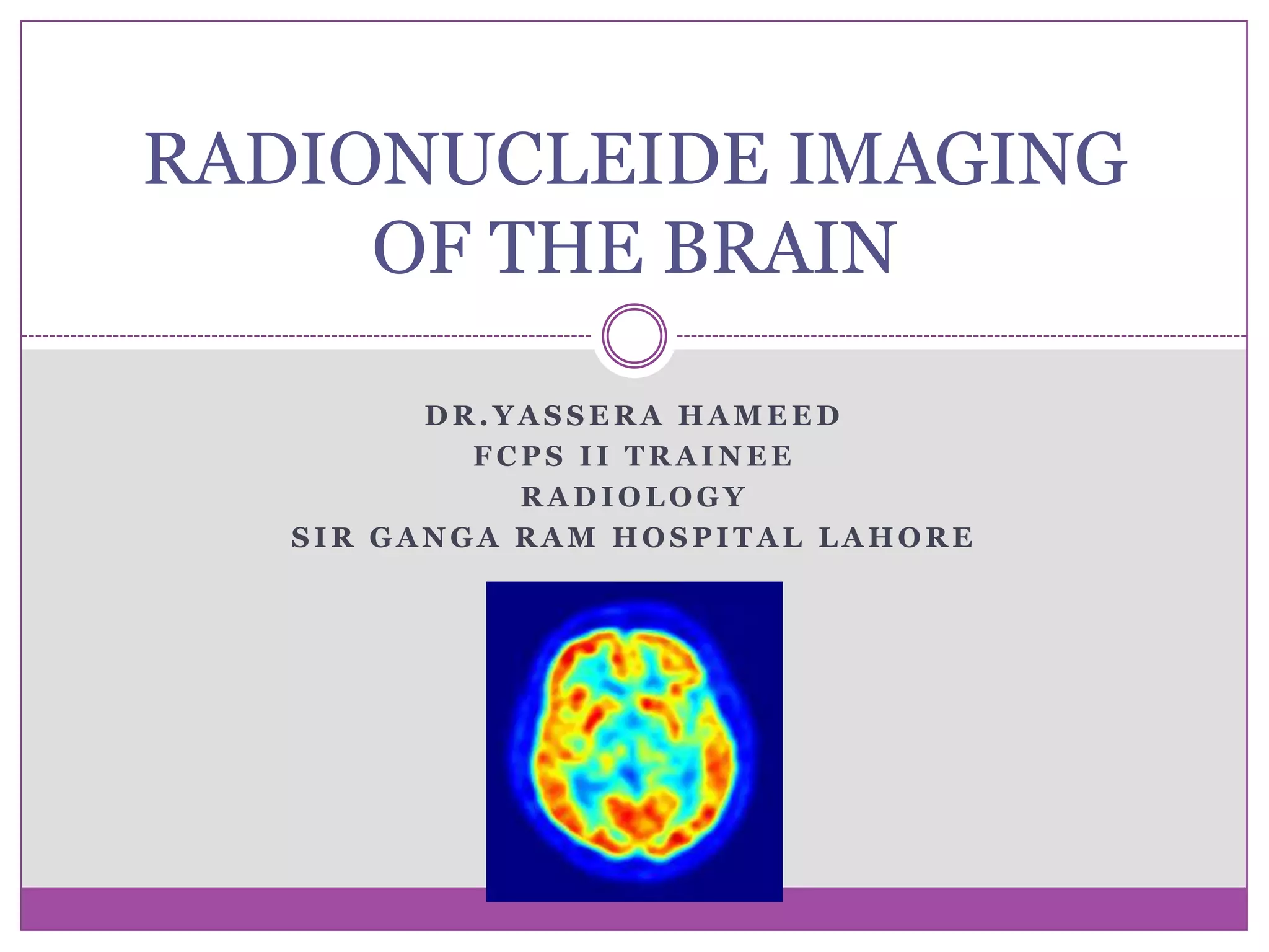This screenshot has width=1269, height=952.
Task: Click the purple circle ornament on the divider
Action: pos(634,336)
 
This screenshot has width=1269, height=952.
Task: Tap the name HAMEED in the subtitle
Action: pos(760,415)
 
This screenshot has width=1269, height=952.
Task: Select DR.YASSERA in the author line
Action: pos(544,415)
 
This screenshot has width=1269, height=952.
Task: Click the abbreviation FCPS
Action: pos(519,456)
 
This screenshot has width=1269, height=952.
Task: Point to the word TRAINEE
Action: pos(709,456)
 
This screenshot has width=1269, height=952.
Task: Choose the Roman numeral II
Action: pos(594,456)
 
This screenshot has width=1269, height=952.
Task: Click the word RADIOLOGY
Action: pos(634,496)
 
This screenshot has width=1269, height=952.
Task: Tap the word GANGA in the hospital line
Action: pos(434,537)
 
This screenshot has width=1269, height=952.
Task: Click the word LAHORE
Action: pos(897,537)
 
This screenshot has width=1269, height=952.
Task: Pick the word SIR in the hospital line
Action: pos(323,537)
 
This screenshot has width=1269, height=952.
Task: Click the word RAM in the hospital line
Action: pos(556,537)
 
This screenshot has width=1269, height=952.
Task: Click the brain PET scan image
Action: pos(634,741)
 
